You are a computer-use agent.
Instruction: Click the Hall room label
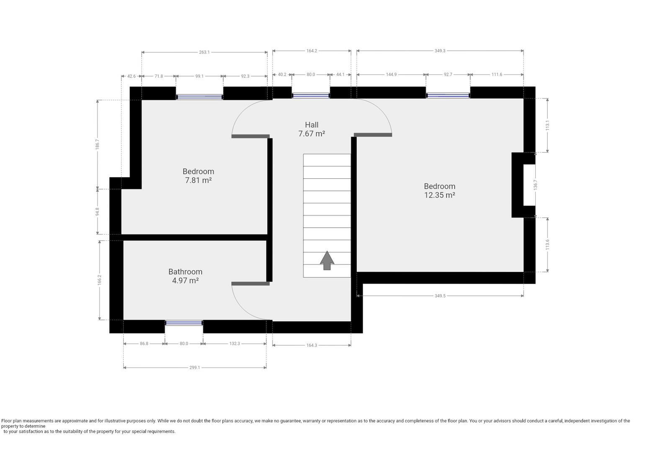tap(312, 125)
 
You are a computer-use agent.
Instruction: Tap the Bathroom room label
tap(186, 272)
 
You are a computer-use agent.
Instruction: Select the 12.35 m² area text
tap(440, 195)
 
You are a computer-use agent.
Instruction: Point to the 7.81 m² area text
tap(199, 180)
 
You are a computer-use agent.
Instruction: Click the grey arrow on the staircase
tap(327, 260)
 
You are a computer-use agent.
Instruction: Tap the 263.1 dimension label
tap(204, 52)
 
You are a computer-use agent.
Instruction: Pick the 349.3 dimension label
tap(440, 51)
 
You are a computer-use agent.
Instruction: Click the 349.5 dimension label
tap(440, 296)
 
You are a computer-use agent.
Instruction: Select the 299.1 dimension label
tap(194, 367)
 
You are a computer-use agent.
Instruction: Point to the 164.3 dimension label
tap(312, 345)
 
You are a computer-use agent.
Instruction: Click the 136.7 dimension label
tap(535, 185)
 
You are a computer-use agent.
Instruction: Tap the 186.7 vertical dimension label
tap(98, 144)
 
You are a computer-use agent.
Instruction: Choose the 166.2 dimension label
tap(100, 280)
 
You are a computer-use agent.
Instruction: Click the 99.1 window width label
tap(199, 76)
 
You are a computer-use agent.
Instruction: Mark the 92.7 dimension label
tap(448, 74)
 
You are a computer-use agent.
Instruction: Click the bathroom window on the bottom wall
tap(184, 323)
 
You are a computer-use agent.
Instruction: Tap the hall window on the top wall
tap(311, 95)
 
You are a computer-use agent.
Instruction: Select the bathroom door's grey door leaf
tap(250, 284)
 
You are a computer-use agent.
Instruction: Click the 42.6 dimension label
tap(131, 76)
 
